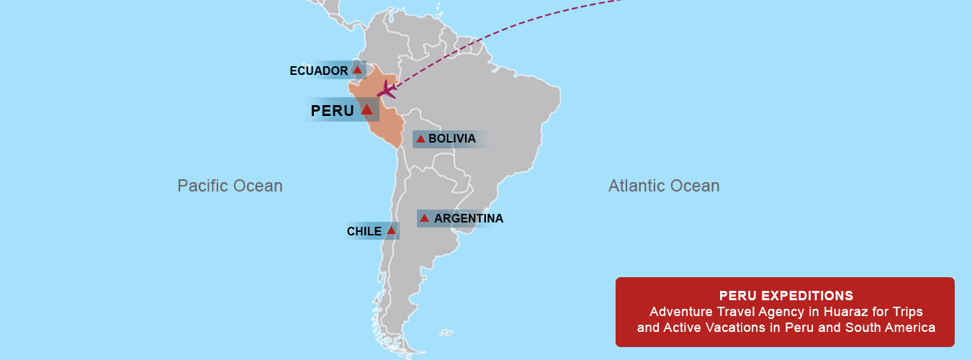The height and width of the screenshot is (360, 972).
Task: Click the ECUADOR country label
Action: point(318,71)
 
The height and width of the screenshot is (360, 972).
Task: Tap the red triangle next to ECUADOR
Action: point(358,70)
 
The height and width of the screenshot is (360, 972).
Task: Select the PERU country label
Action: point(332,111)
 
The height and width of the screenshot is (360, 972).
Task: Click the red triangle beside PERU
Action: point(366,109)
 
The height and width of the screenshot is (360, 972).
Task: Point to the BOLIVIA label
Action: point(451,138)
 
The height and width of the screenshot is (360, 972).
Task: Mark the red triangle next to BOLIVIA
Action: point(420,138)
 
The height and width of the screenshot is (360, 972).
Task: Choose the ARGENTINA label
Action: point(469,218)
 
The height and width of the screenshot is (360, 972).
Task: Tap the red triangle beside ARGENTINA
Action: point(424,218)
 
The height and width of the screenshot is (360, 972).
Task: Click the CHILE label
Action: point(364,231)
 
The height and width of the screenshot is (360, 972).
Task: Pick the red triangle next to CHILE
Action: point(391,230)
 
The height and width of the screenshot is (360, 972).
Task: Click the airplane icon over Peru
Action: point(387,90)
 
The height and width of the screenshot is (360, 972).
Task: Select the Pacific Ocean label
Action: point(230,186)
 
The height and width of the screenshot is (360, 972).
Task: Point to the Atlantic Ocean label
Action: point(664,186)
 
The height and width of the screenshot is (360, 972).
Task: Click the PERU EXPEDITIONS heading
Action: point(786,296)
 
